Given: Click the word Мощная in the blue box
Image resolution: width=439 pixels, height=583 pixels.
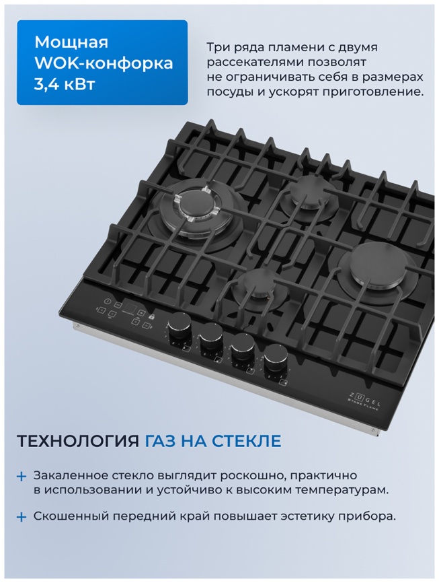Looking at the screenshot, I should point(71,42).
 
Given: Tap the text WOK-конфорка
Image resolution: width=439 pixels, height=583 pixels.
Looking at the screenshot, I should point(104,64).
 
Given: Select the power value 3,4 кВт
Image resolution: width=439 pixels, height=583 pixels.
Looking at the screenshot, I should point(65,85).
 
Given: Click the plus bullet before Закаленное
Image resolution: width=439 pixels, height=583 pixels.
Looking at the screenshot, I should point(22,476).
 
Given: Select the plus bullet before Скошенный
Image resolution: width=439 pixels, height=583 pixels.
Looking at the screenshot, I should point(22,517).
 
